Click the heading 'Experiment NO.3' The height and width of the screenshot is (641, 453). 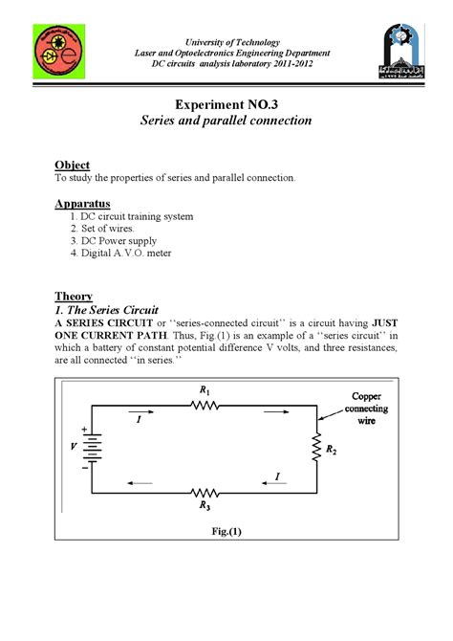coord(226,102)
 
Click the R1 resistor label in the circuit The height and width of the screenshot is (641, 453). coord(204,390)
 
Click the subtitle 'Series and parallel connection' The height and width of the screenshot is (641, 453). coord(226,122)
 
